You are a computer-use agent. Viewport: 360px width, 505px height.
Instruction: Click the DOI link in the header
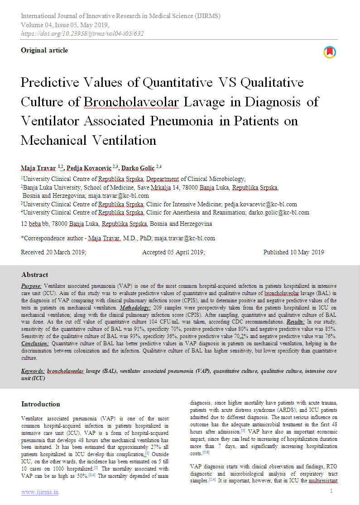click(82, 33)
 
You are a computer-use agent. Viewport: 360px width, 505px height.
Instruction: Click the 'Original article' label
click(44, 50)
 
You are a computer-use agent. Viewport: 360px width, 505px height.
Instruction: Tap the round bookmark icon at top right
click(330, 52)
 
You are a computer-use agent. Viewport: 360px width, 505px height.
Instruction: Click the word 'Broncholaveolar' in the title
click(131, 102)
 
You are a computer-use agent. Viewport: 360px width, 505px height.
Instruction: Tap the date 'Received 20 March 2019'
click(53, 252)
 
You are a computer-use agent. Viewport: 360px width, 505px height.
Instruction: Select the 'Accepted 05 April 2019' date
click(173, 252)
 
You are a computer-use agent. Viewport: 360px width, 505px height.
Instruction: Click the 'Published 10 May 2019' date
click(293, 252)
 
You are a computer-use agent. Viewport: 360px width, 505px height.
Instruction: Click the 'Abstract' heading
click(35, 275)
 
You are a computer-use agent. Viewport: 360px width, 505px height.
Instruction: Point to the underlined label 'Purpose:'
click(32, 286)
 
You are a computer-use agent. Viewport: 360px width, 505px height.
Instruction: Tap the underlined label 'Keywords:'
click(33, 371)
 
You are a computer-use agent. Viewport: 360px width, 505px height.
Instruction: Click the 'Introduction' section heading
click(41, 404)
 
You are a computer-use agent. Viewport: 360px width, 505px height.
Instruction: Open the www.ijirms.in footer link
click(40, 492)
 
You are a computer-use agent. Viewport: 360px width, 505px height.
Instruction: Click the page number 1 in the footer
click(331, 491)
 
